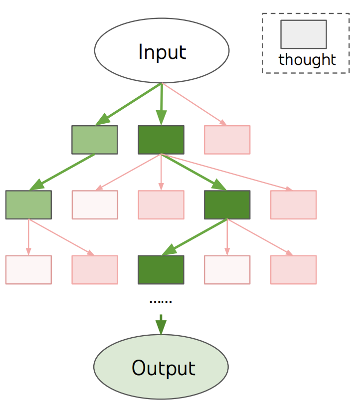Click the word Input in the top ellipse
(x=162, y=52)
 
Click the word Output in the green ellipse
(x=164, y=368)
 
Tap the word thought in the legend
(x=307, y=60)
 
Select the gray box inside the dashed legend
(x=304, y=34)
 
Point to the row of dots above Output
(x=161, y=302)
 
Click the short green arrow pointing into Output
(x=161, y=325)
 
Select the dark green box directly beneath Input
(x=161, y=140)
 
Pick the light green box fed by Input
(x=95, y=140)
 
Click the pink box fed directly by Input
(x=227, y=140)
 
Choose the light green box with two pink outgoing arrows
(x=28, y=205)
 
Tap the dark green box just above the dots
(x=161, y=269)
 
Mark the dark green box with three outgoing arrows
(x=227, y=205)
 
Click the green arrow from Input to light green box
(x=128, y=104)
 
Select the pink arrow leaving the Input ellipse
(x=194, y=104)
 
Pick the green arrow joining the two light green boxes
(x=62, y=172)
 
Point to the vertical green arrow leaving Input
(x=162, y=104)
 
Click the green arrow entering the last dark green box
(x=194, y=237)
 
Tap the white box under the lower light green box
(x=28, y=269)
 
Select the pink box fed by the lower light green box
(x=95, y=269)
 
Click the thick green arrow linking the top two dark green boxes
(x=194, y=172)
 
